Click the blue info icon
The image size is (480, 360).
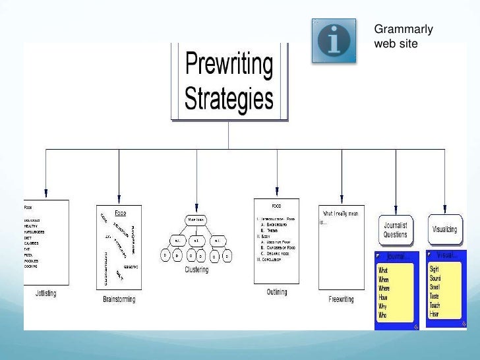tap(334, 40)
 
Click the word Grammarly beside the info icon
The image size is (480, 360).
tap(404, 29)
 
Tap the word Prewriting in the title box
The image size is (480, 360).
tap(229, 65)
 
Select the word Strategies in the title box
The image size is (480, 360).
tap(229, 98)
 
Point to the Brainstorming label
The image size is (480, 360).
tap(119, 299)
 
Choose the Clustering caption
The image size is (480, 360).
tap(196, 270)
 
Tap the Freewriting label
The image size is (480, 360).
tap(341, 299)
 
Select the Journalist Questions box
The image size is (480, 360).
tap(396, 229)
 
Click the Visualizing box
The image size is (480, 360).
tap(445, 229)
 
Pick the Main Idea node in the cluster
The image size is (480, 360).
tap(196, 219)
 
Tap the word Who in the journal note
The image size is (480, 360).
tap(382, 315)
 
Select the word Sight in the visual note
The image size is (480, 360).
tap(435, 270)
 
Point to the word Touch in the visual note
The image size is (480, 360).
tap(436, 305)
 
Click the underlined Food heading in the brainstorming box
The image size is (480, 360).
tap(121, 213)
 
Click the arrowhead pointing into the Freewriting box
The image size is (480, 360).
tap(342, 200)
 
